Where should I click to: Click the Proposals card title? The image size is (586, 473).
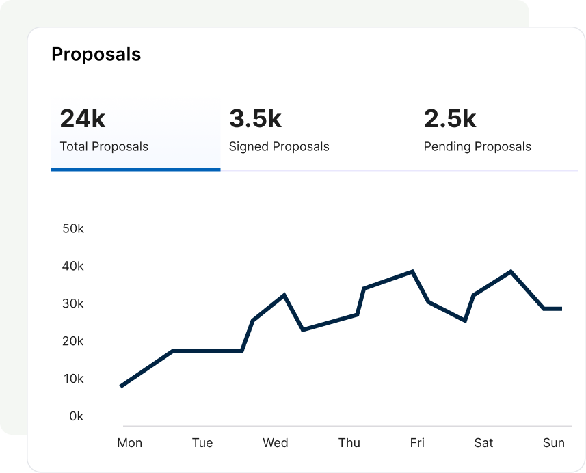tap(96, 55)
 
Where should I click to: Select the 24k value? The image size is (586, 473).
tap(83, 119)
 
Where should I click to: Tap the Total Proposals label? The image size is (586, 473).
tap(104, 146)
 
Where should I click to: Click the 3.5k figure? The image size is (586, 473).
tap(255, 119)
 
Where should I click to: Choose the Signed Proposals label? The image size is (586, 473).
tap(279, 146)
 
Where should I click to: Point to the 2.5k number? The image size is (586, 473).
tap(450, 119)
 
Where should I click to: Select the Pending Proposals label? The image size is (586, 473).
tap(477, 146)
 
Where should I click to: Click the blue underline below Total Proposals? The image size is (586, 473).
tap(135, 169)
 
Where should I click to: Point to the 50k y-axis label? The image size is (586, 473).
tap(72, 228)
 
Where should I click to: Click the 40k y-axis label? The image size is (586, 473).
tap(72, 266)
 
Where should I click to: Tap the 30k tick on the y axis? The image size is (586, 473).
tap(72, 303)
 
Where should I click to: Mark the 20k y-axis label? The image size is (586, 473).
tap(72, 341)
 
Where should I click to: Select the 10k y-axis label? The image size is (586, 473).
tap(72, 379)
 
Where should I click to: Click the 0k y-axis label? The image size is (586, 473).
tap(76, 416)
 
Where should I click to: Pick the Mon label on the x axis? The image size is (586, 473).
tap(130, 443)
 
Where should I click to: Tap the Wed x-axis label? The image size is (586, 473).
tap(276, 443)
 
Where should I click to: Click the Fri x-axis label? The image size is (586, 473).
tap(417, 443)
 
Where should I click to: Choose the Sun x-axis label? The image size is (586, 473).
tap(554, 443)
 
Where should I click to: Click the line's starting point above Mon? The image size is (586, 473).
tap(121, 386)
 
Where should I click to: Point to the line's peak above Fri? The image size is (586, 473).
tap(412, 271)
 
